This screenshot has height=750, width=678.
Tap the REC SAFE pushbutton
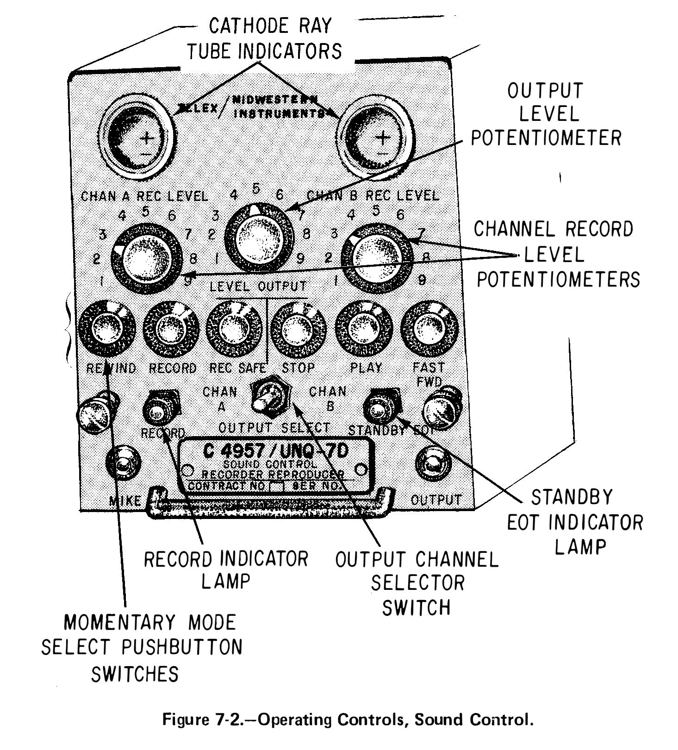[234, 328]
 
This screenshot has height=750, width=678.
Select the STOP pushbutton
[298, 330]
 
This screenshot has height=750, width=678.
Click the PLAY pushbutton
[363, 328]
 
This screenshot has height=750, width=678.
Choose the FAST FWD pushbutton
[428, 329]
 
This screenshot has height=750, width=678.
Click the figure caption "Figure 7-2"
[347, 720]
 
